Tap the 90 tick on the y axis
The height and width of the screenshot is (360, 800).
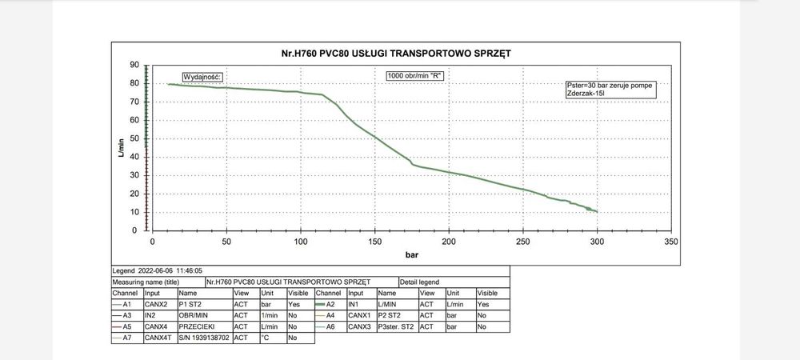click(x=134, y=65)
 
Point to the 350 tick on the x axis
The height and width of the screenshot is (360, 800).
click(x=671, y=241)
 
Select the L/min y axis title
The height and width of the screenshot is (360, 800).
click(x=121, y=147)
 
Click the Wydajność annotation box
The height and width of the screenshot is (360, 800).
click(x=202, y=76)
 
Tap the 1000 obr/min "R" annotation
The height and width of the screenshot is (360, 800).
click(x=414, y=75)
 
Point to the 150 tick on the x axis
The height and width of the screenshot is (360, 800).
click(x=374, y=241)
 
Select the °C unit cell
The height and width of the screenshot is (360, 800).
click(x=272, y=338)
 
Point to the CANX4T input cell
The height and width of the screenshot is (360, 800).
click(x=158, y=338)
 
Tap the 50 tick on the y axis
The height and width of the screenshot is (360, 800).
click(x=134, y=138)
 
